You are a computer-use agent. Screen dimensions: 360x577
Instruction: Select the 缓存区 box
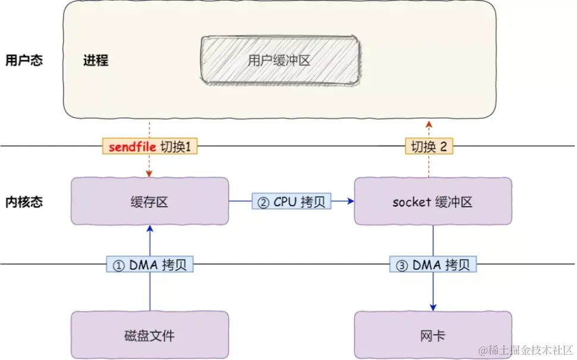[150, 201]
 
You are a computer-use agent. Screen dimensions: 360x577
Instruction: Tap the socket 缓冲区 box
[433, 201]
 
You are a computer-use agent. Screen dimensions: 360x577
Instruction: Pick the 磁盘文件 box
[150, 335]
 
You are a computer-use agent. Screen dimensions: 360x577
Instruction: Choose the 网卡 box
[433, 335]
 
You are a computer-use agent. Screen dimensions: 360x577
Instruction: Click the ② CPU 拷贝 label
[291, 201]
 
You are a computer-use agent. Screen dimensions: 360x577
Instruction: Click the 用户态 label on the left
[24, 60]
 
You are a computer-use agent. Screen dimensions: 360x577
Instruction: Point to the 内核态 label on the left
[24, 201]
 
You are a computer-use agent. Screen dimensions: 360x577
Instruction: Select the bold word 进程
[96, 60]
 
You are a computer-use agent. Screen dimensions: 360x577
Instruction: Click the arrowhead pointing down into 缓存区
[150, 173]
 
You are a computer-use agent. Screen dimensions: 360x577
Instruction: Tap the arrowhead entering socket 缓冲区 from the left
[350, 201]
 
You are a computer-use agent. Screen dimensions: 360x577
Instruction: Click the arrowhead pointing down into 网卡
[433, 307]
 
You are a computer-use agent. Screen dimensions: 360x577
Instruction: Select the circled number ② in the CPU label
[263, 201]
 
